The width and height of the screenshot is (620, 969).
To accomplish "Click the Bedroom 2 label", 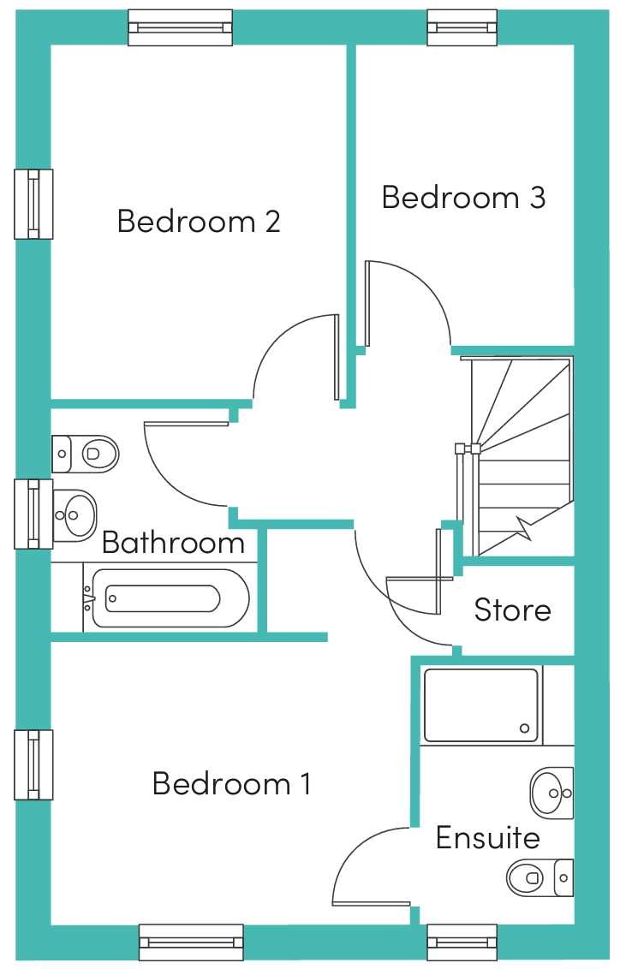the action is (x=199, y=221).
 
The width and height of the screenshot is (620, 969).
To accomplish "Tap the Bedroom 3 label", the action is (x=463, y=198).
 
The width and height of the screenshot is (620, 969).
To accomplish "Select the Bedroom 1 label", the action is (x=231, y=783).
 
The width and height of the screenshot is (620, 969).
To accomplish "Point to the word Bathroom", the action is (x=173, y=543).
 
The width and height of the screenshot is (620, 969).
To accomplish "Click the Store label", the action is (x=512, y=610).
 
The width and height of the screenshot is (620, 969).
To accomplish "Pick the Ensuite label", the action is (x=488, y=838).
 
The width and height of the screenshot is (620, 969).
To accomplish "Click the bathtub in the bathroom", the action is (x=166, y=597).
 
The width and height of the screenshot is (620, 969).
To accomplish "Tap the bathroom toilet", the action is (x=85, y=454).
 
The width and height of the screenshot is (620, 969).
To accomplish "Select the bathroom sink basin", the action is (x=75, y=514).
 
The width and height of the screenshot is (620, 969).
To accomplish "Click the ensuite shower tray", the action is (x=481, y=705).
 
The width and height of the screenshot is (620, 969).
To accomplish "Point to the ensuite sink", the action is (x=552, y=793).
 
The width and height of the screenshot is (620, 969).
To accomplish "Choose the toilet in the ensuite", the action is (x=540, y=877).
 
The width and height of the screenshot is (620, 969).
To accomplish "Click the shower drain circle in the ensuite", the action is (x=525, y=728).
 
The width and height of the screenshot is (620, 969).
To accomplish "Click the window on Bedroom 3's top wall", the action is (x=462, y=27).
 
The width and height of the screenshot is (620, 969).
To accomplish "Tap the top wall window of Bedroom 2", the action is (x=181, y=27).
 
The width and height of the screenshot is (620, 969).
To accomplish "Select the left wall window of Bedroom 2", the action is (x=33, y=204).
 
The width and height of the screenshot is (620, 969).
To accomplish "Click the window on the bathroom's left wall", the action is (x=33, y=514).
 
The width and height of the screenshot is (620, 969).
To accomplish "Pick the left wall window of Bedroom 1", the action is (x=33, y=765).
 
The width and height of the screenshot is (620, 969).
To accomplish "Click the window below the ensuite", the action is (x=462, y=942).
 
